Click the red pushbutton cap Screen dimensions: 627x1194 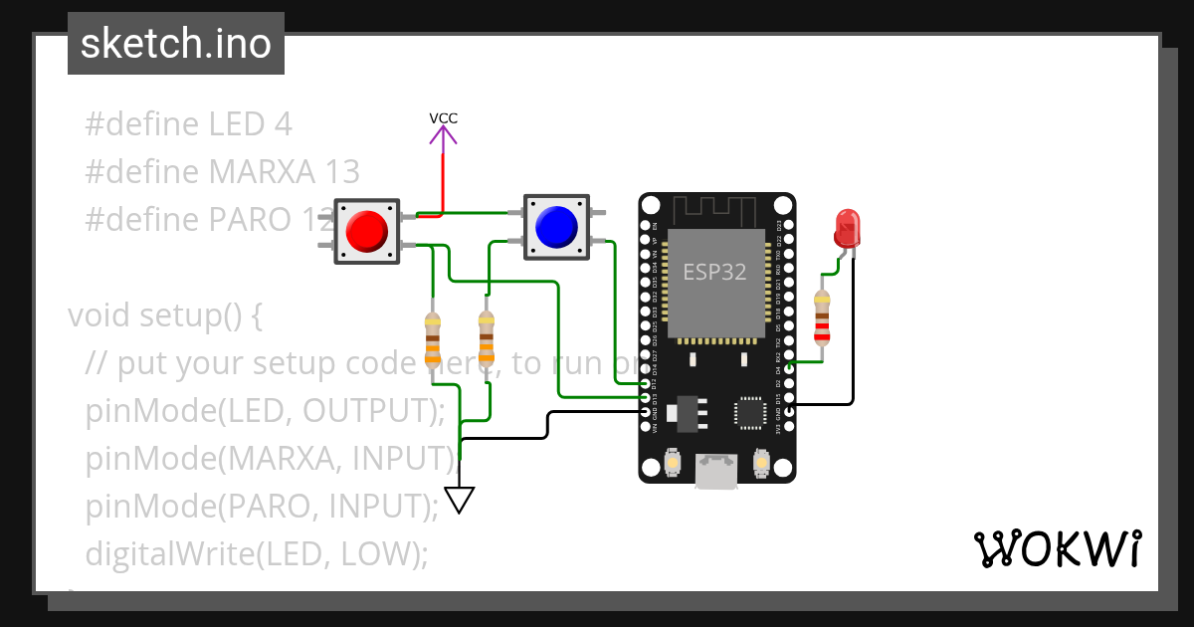tap(365, 231)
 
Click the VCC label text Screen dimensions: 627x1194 tap(443, 118)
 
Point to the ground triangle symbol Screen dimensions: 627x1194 tap(458, 499)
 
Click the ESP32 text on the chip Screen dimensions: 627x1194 tap(714, 272)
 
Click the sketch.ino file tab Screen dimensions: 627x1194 tap(175, 44)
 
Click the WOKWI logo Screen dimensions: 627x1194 tap(1056, 548)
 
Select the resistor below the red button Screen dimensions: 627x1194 tap(432, 339)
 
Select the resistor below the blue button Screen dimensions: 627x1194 tap(486, 338)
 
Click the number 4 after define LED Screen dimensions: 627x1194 tap(283, 124)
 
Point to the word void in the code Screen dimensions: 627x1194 tap(99, 315)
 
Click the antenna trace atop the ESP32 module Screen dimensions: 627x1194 tap(714, 210)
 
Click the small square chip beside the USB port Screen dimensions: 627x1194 tap(749, 412)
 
